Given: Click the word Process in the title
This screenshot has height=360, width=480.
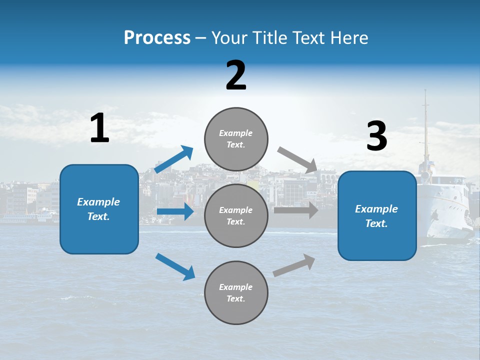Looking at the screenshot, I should pyautogui.click(x=157, y=37).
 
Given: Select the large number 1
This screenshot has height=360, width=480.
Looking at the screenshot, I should pyautogui.click(x=99, y=128).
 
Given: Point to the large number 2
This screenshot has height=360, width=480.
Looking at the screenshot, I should pyautogui.click(x=236, y=75).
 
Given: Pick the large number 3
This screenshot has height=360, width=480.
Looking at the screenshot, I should pyautogui.click(x=376, y=136).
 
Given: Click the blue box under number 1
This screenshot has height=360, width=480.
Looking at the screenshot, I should pyautogui.click(x=99, y=209).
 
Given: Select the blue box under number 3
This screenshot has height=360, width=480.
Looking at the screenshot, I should pyautogui.click(x=377, y=215).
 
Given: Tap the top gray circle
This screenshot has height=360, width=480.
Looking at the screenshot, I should pyautogui.click(x=236, y=139).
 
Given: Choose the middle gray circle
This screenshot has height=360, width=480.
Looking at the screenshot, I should pyautogui.click(x=236, y=215).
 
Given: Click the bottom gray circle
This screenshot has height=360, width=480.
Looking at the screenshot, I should pyautogui.click(x=236, y=292).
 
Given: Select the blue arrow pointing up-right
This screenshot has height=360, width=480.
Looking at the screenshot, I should pyautogui.click(x=174, y=159).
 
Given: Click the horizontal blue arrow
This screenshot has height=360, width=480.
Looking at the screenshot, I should pyautogui.click(x=175, y=211).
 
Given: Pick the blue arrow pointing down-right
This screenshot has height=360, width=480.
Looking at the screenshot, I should pyautogui.click(x=175, y=266).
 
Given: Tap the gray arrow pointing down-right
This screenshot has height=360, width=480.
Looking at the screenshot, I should pyautogui.click(x=297, y=159).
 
